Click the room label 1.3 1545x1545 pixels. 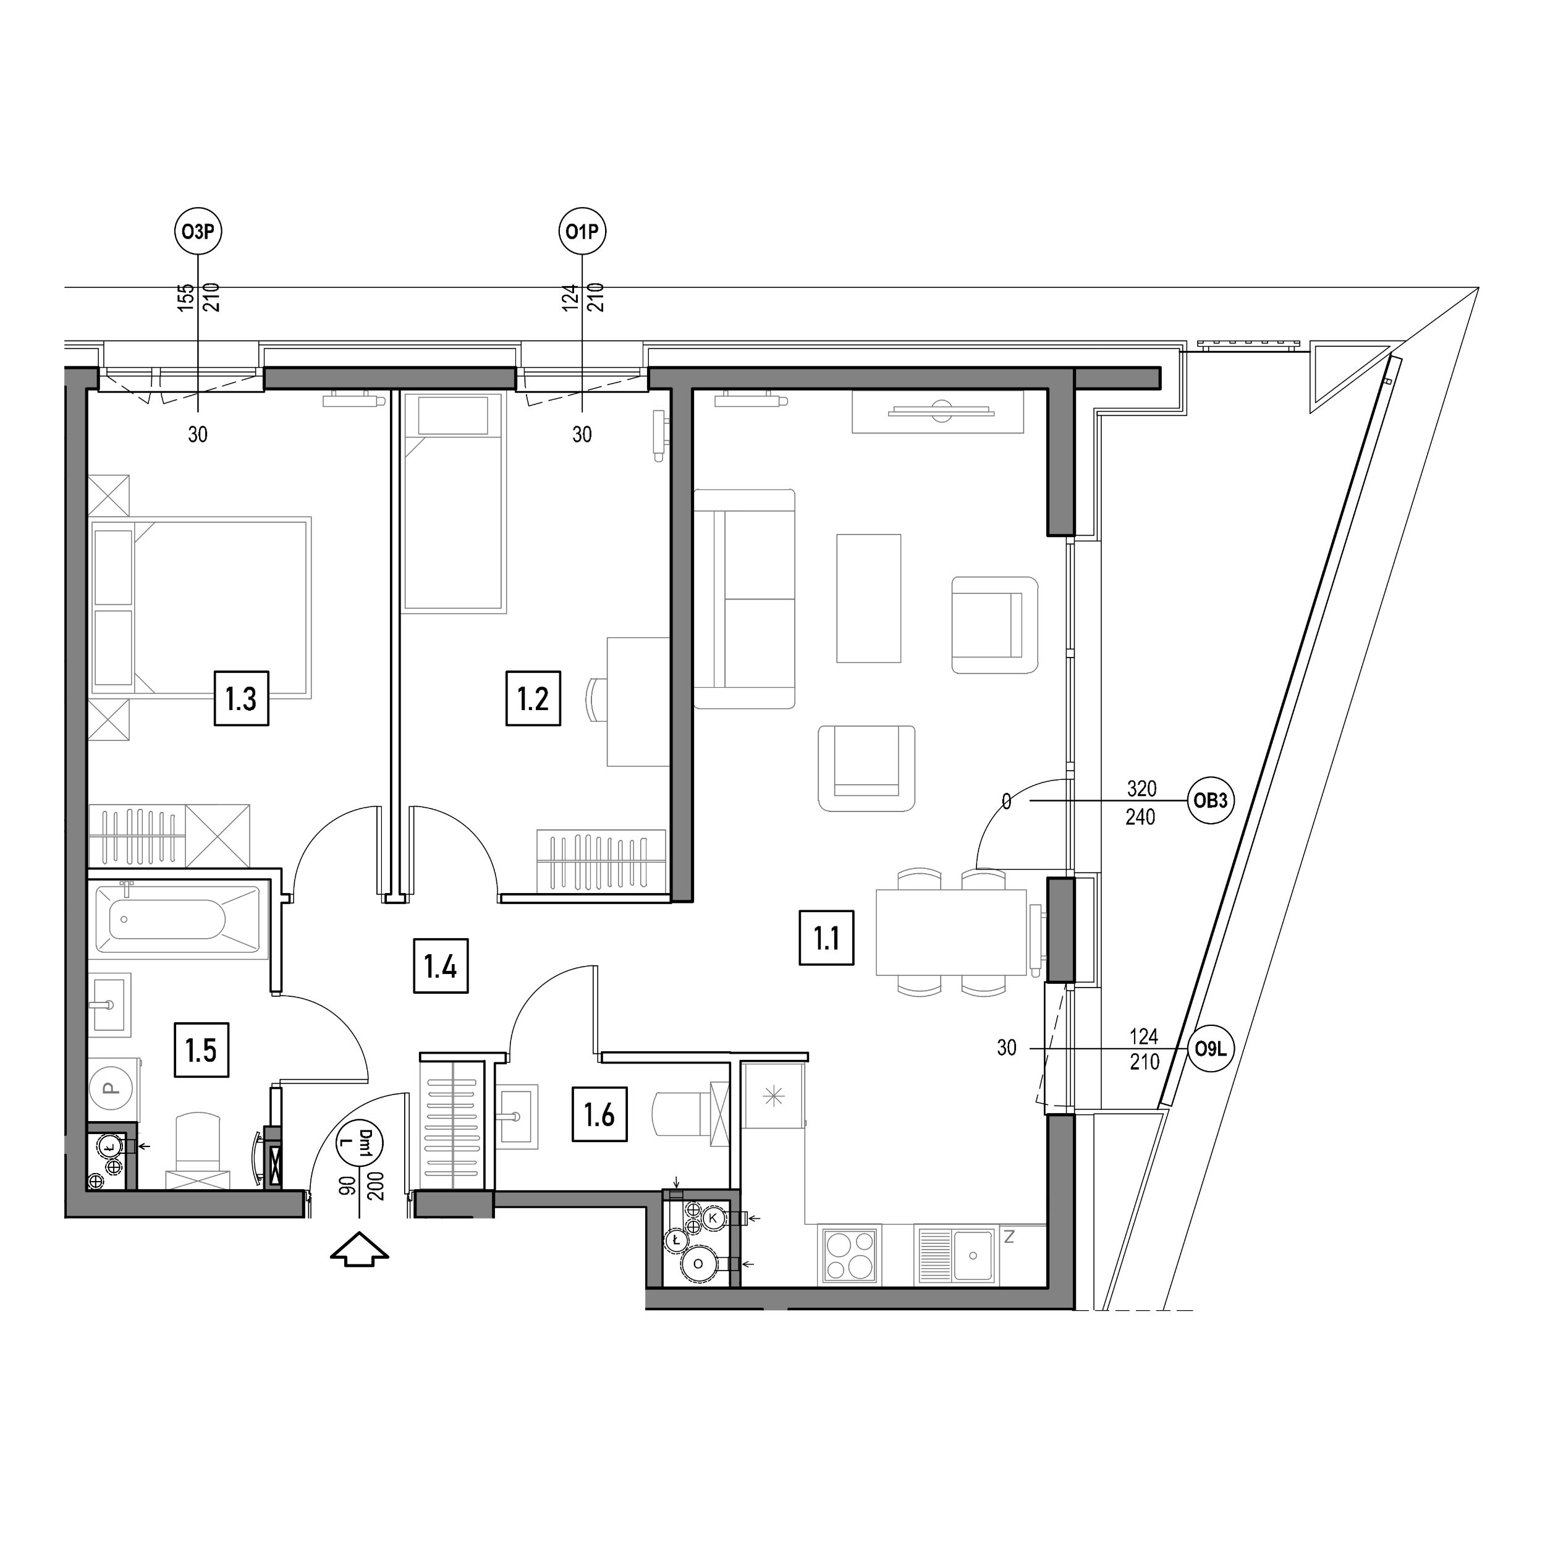click(x=240, y=699)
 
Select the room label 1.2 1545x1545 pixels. click(x=533, y=699)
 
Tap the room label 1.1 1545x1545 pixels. click(x=826, y=938)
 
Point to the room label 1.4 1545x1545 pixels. click(x=440, y=967)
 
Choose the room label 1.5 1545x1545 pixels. click(x=201, y=1050)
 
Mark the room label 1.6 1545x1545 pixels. click(x=599, y=1114)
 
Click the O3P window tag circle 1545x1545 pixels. click(x=198, y=232)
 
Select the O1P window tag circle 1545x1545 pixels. click(x=582, y=232)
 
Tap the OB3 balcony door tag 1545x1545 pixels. click(x=1211, y=800)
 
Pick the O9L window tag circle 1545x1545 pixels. click(x=1211, y=1048)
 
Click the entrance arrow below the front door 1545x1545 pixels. click(x=360, y=1248)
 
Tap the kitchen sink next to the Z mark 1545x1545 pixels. click(x=957, y=1256)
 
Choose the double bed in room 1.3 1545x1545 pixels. click(x=201, y=607)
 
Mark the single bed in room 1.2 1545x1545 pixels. click(x=454, y=503)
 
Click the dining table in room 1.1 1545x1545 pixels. click(x=952, y=933)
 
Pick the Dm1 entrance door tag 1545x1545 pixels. click(x=360, y=1143)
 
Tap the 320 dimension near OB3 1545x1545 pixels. click(x=1141, y=789)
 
